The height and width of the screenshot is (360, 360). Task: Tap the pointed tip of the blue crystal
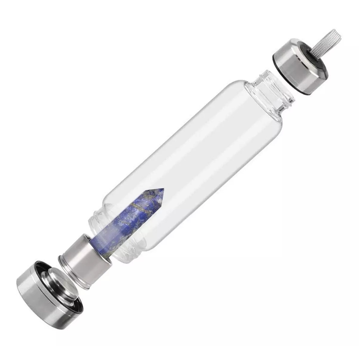[163, 190]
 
